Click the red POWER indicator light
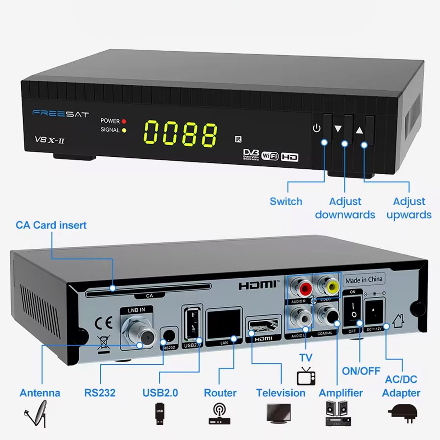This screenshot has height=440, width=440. [124, 121]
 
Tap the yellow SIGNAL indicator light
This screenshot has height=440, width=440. [124, 130]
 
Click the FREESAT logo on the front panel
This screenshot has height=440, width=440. [60, 114]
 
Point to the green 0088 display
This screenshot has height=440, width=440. [180, 133]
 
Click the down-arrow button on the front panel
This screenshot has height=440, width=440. [338, 129]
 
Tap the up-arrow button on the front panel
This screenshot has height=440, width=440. [359, 130]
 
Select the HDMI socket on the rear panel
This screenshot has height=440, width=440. [264, 326]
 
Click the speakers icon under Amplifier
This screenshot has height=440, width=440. [338, 413]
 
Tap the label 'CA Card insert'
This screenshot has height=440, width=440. [51, 225]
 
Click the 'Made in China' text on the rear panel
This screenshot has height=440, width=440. [364, 280]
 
